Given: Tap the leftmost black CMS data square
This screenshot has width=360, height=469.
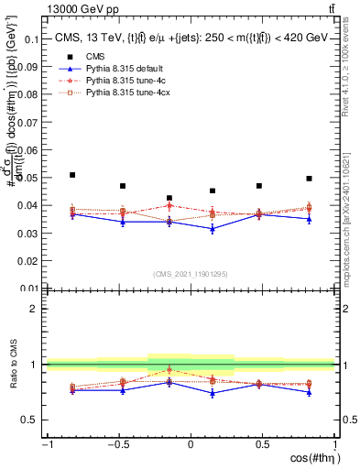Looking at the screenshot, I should [x=72, y=175].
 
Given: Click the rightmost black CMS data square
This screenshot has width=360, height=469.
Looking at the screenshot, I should [x=310, y=179].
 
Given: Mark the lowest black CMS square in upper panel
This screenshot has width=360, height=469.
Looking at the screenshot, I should [x=169, y=198].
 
